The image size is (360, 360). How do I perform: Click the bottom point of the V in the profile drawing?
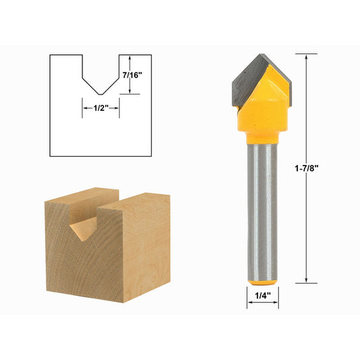click(101, 94)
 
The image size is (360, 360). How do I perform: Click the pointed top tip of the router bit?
click(261, 56)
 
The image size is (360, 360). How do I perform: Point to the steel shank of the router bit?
click(261, 203)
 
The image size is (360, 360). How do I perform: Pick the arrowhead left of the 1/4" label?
click(249, 303)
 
